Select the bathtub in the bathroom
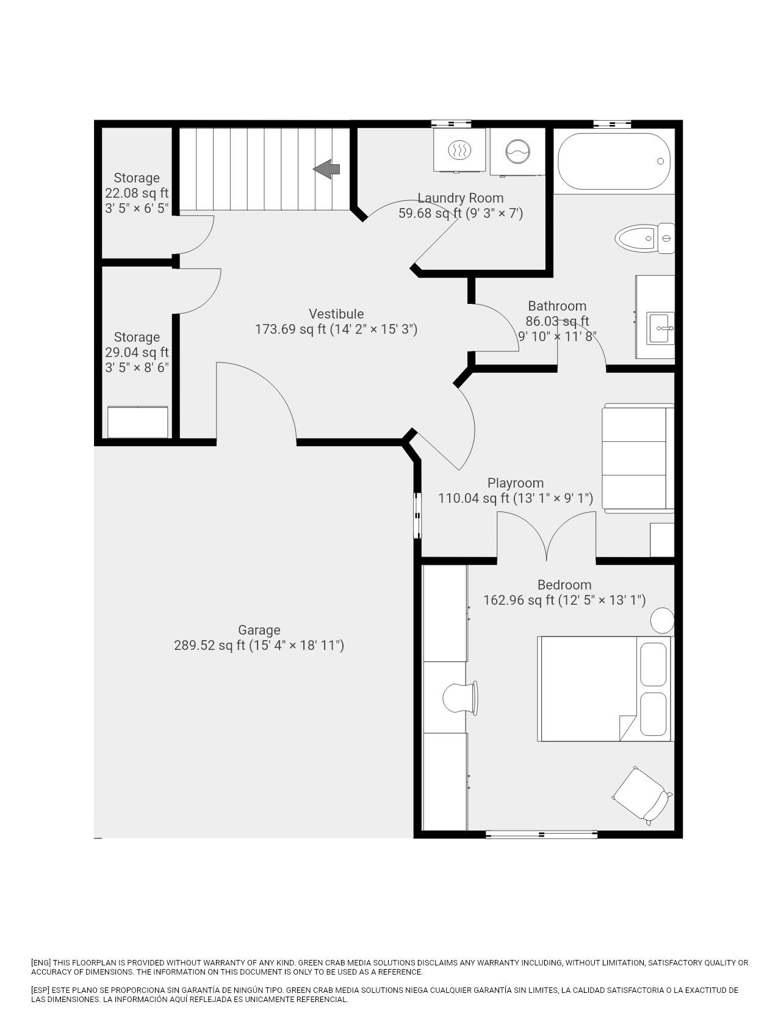pyautogui.click(x=614, y=161)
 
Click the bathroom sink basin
pyautogui.click(x=661, y=328)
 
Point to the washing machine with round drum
pyautogui.click(x=517, y=151)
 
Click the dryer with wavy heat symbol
pyautogui.click(x=459, y=150)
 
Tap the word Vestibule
pyautogui.click(x=336, y=314)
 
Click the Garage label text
pyautogui.click(x=259, y=630)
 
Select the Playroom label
pyautogui.click(x=516, y=483)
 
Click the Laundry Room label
pyautogui.click(x=461, y=198)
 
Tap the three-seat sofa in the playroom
pyautogui.click(x=638, y=458)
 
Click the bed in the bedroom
pyautogui.click(x=605, y=689)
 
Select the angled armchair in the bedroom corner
pyautogui.click(x=641, y=795)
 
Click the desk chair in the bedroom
pyautogui.click(x=459, y=698)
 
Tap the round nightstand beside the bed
pyautogui.click(x=662, y=621)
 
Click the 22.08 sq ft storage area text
pyautogui.click(x=137, y=193)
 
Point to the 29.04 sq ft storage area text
pyautogui.click(x=137, y=352)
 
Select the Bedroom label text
pyautogui.click(x=564, y=585)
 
